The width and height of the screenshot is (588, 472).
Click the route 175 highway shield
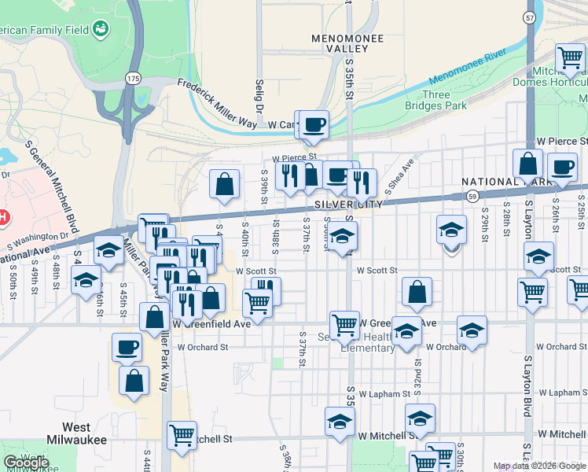click(x=132, y=79)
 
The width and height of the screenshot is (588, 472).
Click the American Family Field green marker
click(x=101, y=30)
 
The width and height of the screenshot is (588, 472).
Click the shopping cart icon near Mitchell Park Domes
click(x=569, y=57)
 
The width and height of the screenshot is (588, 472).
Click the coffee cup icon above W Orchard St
click(x=127, y=347)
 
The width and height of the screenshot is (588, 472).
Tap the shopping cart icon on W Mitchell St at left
click(x=182, y=435)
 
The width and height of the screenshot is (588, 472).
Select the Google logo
click(x=26, y=463)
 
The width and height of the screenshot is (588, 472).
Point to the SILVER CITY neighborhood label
click(x=348, y=204)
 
